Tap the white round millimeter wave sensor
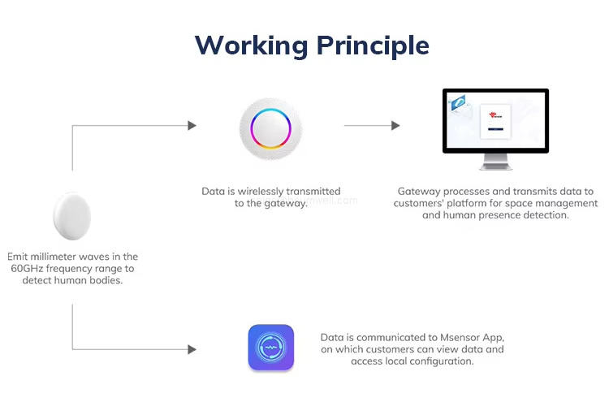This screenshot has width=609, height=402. [71, 216]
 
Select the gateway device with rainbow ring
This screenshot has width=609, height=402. [271, 128]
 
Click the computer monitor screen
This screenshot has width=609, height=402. [495, 120]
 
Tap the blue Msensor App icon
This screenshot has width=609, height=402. [271, 348]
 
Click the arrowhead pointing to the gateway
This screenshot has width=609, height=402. [192, 126]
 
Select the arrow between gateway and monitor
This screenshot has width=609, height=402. [372, 126]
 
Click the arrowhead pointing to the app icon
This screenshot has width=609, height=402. [192, 349]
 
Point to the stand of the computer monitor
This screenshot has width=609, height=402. [495, 165]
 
